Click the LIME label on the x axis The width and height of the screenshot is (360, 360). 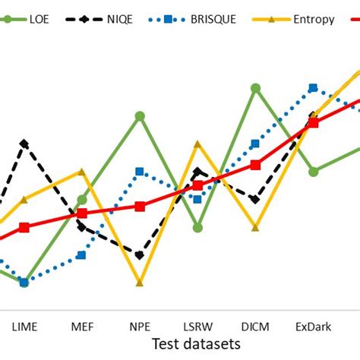24,327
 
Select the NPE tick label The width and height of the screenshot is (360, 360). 140,327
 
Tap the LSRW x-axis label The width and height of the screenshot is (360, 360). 197,327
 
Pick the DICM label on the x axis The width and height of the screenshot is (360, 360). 255,327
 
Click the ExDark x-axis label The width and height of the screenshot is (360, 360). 313,327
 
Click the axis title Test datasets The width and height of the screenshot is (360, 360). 196,344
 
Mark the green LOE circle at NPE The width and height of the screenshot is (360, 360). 140,116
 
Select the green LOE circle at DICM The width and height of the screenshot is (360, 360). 255,89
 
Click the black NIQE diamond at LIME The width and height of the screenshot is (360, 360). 24,144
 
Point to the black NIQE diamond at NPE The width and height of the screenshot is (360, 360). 140,255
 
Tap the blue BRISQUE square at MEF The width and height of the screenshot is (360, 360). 82,255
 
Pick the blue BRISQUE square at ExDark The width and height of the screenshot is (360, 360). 313,88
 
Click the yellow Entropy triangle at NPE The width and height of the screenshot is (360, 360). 140,283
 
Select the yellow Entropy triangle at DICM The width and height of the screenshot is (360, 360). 255,227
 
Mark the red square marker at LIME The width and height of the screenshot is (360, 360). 24,227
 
